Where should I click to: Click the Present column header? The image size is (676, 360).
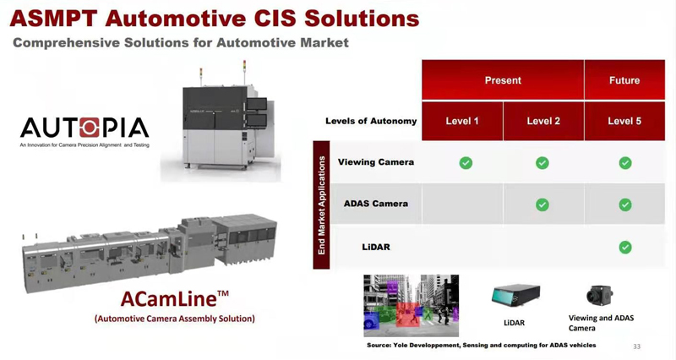503,80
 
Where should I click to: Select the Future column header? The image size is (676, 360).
624,80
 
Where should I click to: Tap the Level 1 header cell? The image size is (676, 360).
462,121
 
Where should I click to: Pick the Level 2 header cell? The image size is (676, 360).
543,121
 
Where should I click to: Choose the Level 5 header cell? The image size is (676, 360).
624,121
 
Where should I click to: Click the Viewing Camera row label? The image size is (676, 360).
376,162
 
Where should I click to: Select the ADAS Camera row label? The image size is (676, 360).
376,204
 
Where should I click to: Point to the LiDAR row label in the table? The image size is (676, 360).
376,248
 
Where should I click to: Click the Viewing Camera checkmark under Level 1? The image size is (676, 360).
466,162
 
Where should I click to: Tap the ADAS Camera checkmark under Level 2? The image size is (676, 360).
542,205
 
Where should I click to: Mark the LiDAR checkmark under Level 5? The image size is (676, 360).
625,248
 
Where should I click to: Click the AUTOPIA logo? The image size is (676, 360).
84,128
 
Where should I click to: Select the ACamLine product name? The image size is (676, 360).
174,299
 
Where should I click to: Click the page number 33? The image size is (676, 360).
636,346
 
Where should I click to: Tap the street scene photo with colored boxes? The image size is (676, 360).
411,305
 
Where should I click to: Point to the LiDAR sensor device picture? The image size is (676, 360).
515,296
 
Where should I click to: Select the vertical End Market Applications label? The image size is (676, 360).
321,205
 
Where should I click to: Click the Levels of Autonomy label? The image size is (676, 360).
371,121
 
